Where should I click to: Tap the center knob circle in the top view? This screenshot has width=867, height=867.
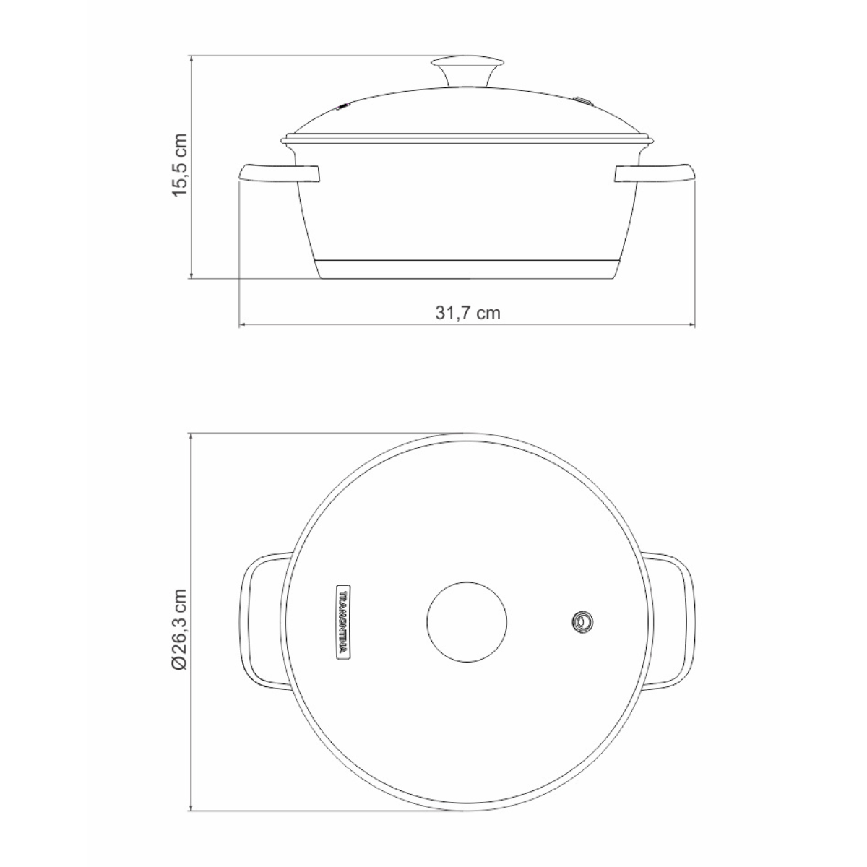467,621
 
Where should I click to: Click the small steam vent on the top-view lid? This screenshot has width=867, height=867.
582,621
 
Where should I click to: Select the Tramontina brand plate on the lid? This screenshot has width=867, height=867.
344,621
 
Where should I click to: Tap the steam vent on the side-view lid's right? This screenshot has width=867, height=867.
582,100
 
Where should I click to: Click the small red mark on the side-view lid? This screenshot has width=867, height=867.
344,108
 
